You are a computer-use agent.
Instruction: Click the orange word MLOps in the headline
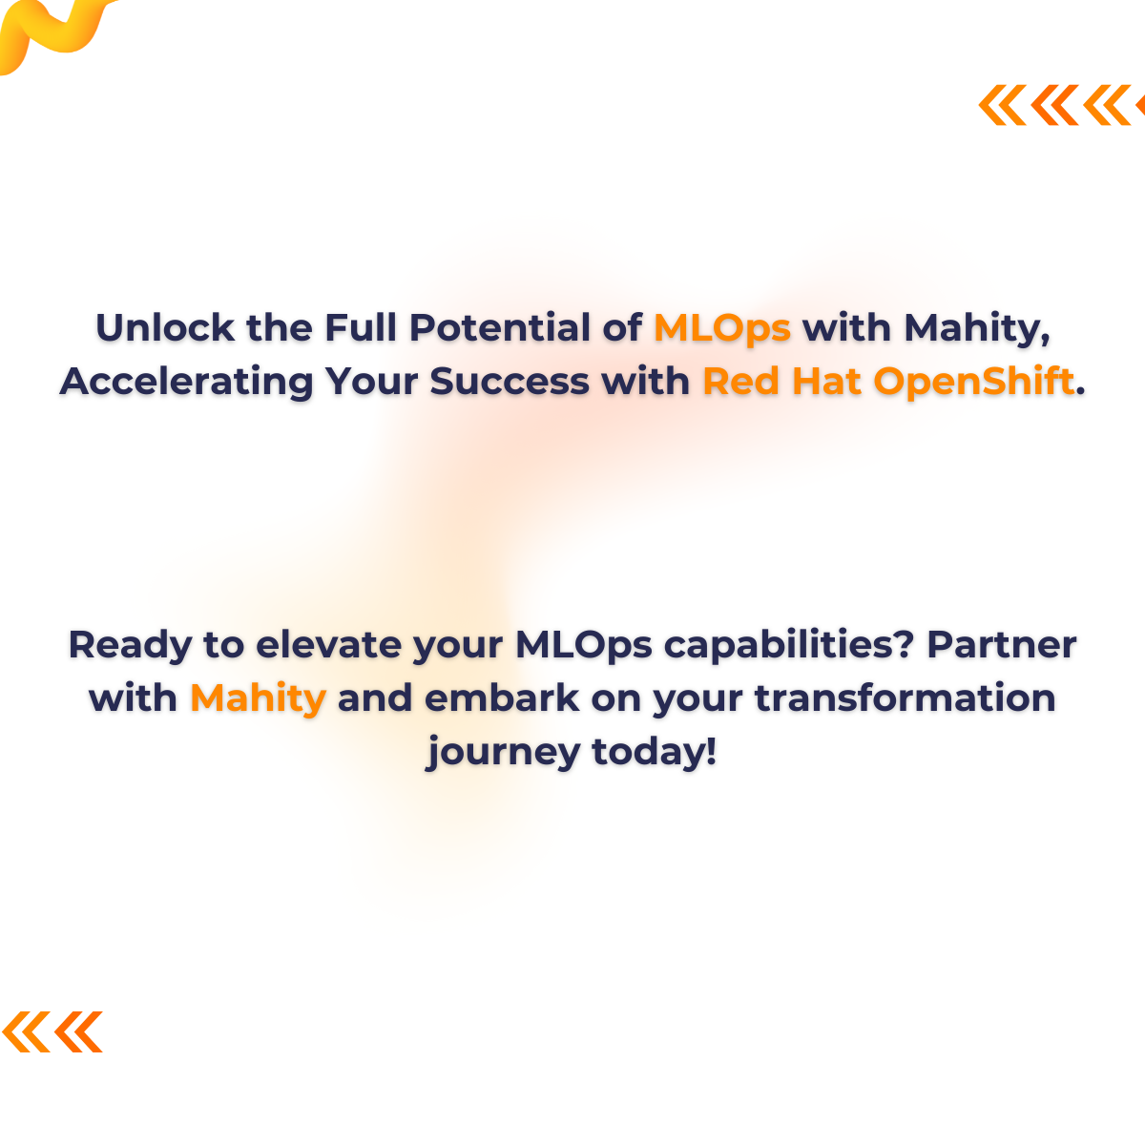pos(722,328)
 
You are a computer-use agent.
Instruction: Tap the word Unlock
pos(164,328)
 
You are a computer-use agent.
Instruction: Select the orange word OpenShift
pos(973,382)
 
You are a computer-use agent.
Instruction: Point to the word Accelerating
pos(186,382)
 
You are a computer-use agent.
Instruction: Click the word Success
pos(509,382)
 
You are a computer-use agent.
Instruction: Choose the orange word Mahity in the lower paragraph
pos(258,698)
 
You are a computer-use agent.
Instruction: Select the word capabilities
pos(790,645)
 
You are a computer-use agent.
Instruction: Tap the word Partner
pos(1001,645)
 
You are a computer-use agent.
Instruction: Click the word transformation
pos(905,698)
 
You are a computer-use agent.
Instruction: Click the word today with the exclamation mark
pos(654,752)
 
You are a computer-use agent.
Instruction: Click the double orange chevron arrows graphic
pos(52,1031)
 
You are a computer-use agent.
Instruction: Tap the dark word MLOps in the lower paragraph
pos(583,645)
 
